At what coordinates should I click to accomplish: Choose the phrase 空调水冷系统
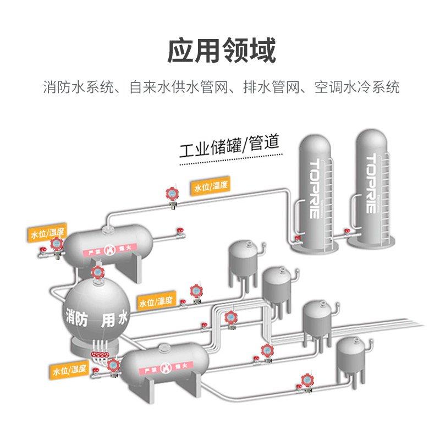(x=357, y=87)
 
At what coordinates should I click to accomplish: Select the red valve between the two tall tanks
(x=348, y=231)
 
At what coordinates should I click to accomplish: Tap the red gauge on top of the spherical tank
(x=98, y=272)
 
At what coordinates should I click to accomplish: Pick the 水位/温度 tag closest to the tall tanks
(x=211, y=186)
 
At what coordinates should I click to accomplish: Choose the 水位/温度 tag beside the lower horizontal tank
(x=70, y=370)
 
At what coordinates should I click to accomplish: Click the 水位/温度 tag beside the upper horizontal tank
(x=47, y=233)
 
